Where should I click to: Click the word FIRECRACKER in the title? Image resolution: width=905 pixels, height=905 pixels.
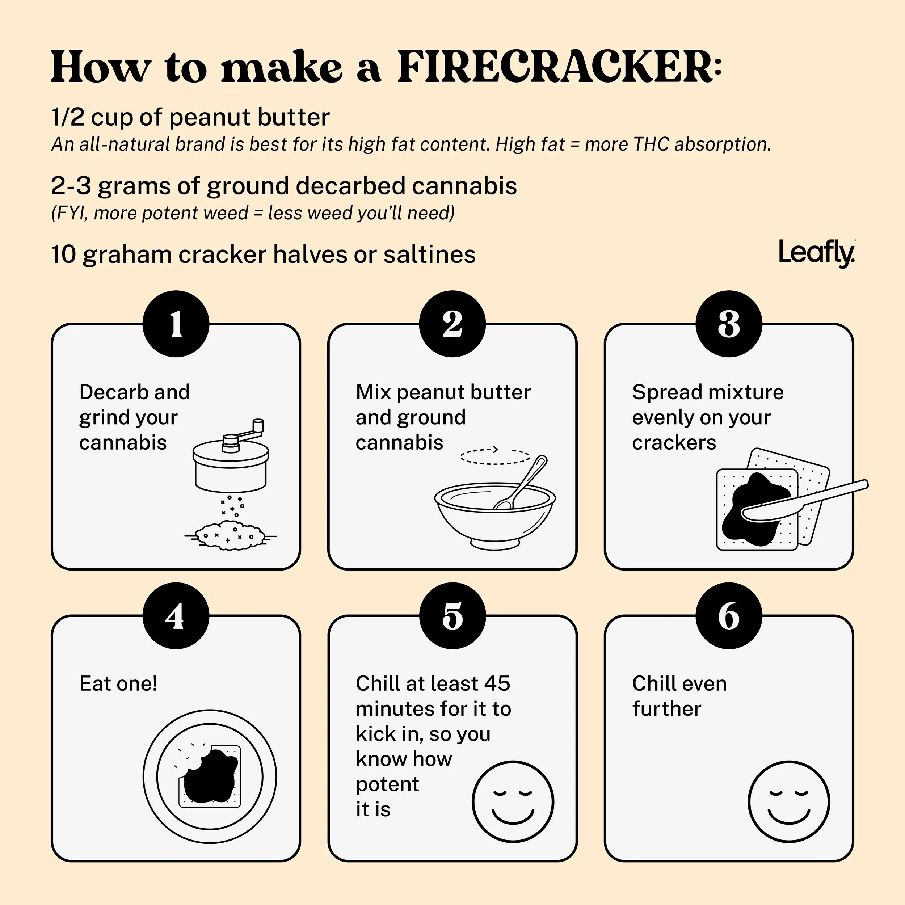560,67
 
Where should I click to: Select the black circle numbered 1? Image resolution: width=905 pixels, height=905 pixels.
176,324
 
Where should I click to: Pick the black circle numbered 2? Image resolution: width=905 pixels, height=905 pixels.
452,324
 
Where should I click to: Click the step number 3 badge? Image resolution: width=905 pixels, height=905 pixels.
729,324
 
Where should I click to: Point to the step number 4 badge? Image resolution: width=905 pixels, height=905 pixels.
176,615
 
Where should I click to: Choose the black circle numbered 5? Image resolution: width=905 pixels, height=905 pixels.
452,615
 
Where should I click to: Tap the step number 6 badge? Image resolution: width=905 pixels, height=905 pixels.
729,615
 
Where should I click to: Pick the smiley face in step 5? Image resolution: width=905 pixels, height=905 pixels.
513,801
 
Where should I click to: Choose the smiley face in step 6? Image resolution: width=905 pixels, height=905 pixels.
789,801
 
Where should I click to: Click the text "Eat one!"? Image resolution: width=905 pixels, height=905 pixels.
118,683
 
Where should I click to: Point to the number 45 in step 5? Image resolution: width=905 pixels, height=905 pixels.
497,683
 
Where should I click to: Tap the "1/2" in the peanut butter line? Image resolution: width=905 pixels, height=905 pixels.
68,117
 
